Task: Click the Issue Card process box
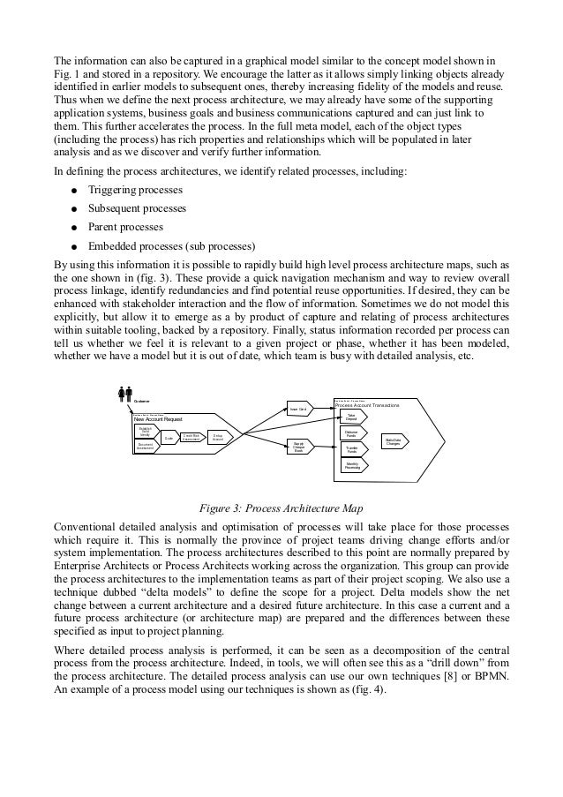point(297,409)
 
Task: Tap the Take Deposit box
point(351,416)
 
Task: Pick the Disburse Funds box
point(351,432)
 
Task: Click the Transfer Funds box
point(351,448)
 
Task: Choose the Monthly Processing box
point(351,464)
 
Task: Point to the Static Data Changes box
point(394,440)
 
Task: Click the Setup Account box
point(217,436)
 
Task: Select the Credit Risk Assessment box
point(190,436)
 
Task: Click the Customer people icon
point(124,394)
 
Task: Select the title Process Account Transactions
point(367,404)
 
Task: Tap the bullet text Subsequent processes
point(136,209)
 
